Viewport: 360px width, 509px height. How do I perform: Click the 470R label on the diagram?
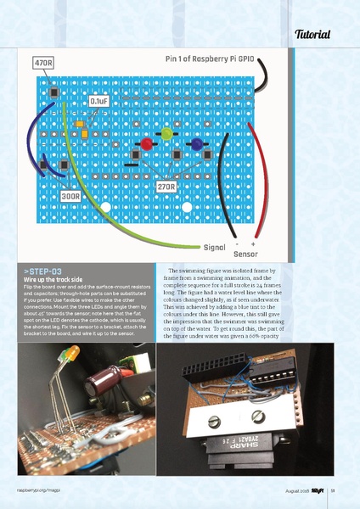43,64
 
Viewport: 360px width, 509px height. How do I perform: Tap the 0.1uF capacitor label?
98,102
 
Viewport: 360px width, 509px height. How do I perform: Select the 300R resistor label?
71,196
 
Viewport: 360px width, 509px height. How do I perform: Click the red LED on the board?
145,144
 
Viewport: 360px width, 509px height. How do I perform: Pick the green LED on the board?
167,134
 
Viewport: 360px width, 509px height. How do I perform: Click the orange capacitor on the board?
80,124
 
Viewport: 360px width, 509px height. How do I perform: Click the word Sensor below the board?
245,254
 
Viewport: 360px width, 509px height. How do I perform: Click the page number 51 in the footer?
334,491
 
